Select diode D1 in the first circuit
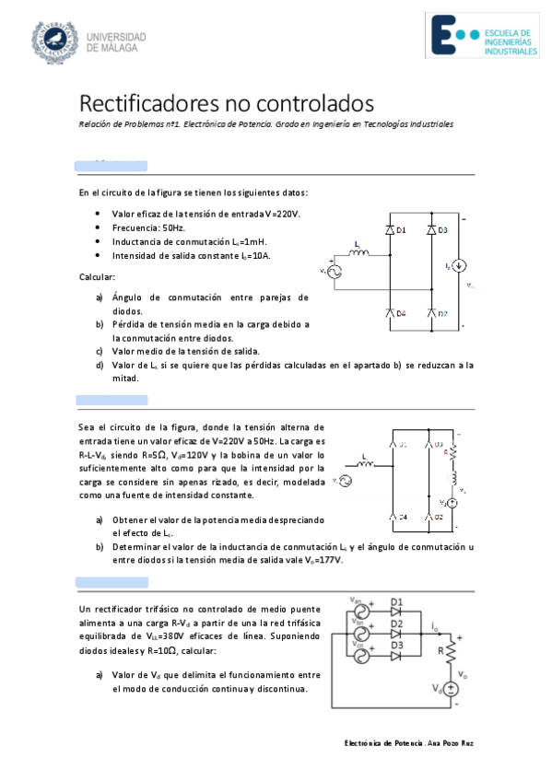390,229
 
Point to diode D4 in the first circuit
390,313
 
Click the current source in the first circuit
462,266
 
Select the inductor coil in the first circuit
357,254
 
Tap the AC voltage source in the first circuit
329,271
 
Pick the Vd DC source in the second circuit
453,503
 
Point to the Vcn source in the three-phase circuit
361,655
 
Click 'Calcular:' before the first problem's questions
97,276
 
